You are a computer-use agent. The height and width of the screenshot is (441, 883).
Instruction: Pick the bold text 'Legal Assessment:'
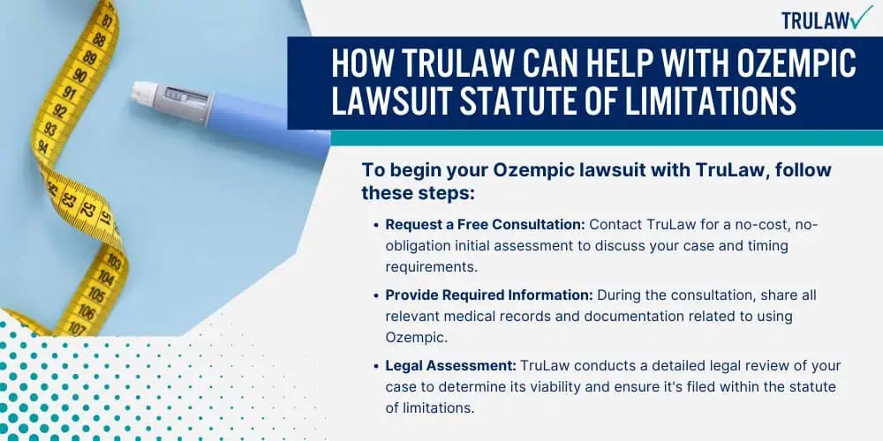pyautogui.click(x=450, y=366)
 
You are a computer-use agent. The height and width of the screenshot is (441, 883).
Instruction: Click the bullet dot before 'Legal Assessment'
pyautogui.click(x=375, y=366)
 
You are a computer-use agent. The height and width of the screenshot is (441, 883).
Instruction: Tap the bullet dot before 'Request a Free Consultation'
pyautogui.click(x=375, y=224)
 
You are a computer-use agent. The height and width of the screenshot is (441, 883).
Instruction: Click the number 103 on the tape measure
pyautogui.click(x=113, y=260)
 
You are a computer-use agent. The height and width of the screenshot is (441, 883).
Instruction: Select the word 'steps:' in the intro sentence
pyautogui.click(x=444, y=192)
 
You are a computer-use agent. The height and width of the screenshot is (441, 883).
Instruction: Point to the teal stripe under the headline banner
pyautogui.click(x=607, y=138)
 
